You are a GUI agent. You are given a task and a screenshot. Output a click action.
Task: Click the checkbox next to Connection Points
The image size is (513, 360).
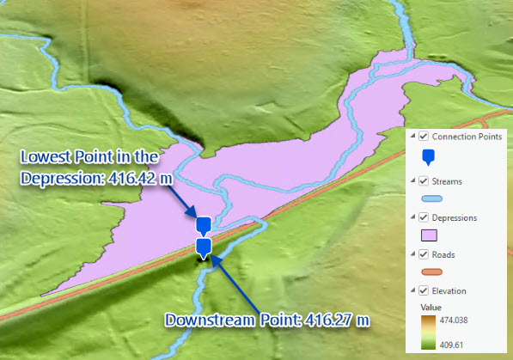point(424,136)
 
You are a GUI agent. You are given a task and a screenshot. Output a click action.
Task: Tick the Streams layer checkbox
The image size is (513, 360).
point(424,180)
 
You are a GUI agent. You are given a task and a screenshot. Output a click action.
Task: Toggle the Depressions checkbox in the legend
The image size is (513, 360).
point(424,217)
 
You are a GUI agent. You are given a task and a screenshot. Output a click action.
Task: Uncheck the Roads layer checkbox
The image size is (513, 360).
point(424,254)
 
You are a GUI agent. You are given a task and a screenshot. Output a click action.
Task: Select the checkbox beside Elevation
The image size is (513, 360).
point(424,291)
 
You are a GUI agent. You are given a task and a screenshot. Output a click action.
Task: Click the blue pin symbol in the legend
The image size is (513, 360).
point(429,157)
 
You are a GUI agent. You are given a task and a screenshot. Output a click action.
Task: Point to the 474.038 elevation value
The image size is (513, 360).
point(463,319)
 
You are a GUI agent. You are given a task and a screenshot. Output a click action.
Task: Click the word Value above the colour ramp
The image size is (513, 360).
point(431,306)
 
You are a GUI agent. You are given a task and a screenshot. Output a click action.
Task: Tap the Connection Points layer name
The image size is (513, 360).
point(467,136)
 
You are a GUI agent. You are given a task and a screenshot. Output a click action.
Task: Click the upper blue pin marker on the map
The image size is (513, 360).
point(203,225)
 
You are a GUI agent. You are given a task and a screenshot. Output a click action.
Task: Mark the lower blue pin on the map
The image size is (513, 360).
point(203,247)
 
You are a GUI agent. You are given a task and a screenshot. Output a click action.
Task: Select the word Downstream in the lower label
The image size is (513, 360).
point(208,320)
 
